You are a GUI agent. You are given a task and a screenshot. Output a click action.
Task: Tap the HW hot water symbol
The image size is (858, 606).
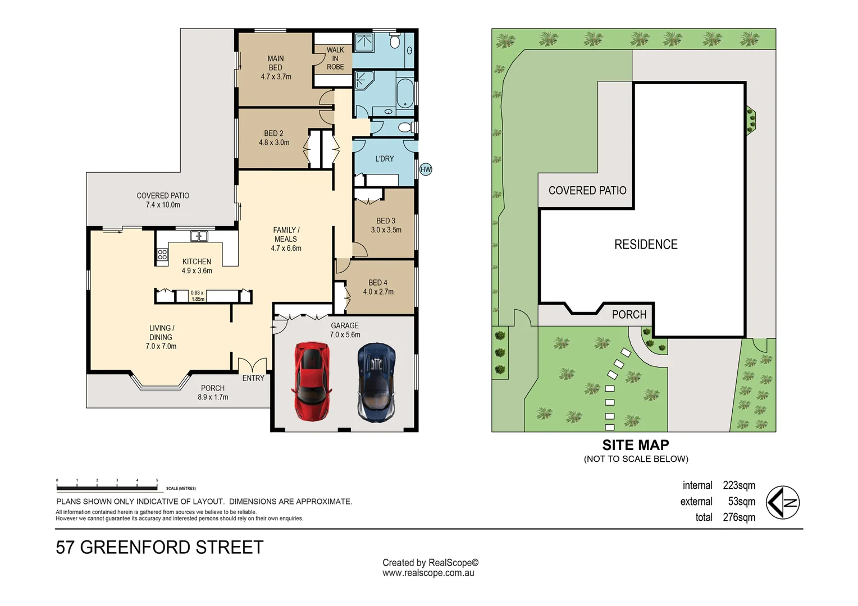(x=426, y=169)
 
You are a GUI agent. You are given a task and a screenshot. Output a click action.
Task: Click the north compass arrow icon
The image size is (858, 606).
(x=783, y=502)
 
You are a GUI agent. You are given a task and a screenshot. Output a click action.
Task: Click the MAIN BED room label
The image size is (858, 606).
(x=276, y=63)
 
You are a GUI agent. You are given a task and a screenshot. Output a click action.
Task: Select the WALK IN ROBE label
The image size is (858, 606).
(x=335, y=58)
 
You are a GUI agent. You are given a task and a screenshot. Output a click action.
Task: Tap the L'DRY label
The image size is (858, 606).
(x=385, y=159)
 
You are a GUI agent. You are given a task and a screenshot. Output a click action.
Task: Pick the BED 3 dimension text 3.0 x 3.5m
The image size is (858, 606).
(x=386, y=230)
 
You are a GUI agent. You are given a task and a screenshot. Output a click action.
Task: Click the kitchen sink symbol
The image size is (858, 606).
(x=199, y=236)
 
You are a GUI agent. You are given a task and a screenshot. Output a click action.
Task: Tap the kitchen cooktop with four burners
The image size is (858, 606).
(x=162, y=256)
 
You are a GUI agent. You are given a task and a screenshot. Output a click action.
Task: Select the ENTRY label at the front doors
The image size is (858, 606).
(x=253, y=378)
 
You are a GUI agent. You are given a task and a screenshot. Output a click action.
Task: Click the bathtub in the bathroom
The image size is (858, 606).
(x=405, y=93)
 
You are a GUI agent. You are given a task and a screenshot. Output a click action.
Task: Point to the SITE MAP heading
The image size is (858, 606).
(x=636, y=445)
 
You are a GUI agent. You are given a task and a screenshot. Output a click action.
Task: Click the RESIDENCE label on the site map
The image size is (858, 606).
(x=646, y=245)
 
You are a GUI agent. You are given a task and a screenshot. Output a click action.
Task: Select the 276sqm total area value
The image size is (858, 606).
(x=738, y=517)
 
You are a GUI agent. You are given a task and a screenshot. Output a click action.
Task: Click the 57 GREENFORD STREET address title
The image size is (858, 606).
(x=159, y=547)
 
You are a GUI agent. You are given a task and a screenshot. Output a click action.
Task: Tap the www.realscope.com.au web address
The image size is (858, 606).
(x=428, y=573)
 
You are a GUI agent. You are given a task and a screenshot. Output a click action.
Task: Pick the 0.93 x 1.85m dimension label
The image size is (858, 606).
(x=198, y=296)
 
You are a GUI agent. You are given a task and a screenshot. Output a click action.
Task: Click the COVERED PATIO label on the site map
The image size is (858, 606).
(x=587, y=191)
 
